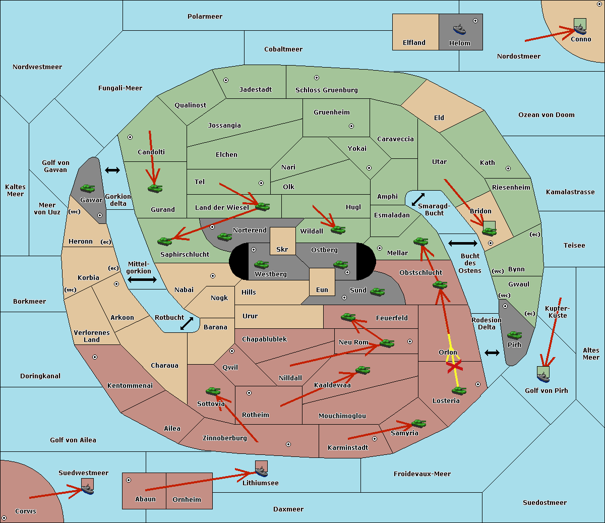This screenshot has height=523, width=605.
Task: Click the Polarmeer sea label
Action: [205, 17]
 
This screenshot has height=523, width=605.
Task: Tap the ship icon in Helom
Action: [459, 29]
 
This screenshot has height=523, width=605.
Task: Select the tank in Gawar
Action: [88, 188]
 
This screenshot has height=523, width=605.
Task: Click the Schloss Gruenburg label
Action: [326, 90]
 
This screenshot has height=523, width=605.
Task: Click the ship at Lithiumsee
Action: [261, 471]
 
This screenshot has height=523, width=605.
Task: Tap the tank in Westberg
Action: [261, 264]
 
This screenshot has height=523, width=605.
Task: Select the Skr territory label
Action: [282, 250]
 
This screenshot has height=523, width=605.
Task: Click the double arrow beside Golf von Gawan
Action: [112, 170]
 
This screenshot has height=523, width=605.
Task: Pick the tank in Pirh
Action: [514, 335]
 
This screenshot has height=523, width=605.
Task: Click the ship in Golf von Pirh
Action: [543, 376]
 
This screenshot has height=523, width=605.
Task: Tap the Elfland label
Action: [414, 43]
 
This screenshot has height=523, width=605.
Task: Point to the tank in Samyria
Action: [418, 423]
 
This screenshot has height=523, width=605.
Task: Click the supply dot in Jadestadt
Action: [226, 80]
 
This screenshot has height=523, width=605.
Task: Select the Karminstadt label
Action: [348, 448]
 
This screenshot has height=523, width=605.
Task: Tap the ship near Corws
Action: [88, 489]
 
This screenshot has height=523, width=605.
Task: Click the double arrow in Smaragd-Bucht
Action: [418, 199]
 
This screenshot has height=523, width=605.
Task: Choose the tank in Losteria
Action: [459, 390]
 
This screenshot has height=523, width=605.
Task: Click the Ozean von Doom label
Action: [546, 115]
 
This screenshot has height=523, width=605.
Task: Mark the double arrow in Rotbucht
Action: [187, 324]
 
